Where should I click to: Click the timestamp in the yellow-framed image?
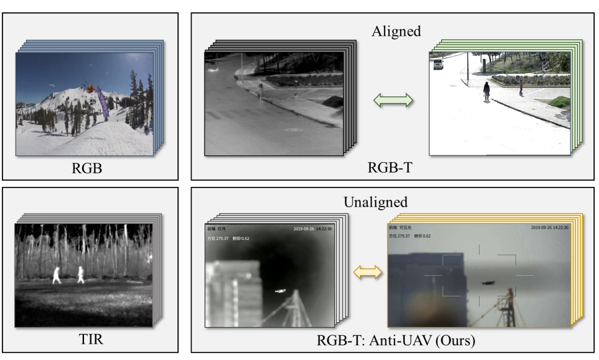pyautogui.click(x=550, y=228)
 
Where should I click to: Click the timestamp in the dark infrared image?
pyautogui.click(x=313, y=228)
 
